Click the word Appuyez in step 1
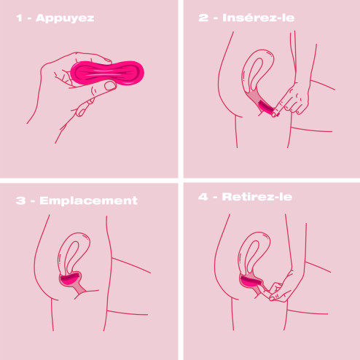(65, 18)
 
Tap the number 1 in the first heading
(19, 18)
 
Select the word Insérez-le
(259, 17)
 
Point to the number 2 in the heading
(203, 17)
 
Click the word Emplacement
(88, 200)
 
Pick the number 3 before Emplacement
(20, 200)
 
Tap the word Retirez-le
(257, 197)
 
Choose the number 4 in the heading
(203, 197)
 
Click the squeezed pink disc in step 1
(107, 73)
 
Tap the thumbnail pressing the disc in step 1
(111, 85)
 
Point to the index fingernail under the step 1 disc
(82, 111)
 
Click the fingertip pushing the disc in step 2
(275, 114)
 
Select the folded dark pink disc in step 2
(267, 107)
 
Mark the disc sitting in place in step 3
(70, 279)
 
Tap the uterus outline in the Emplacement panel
(60, 253)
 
